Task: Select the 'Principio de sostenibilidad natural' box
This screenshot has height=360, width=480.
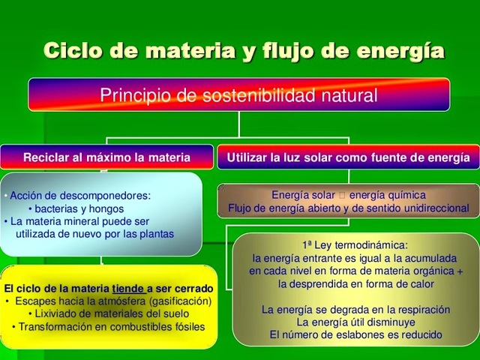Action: [239, 95]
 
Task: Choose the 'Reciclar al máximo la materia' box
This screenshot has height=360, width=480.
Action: [106, 157]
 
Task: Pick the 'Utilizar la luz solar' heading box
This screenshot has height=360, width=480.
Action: [349, 157]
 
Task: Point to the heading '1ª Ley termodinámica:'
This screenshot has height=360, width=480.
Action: [355, 244]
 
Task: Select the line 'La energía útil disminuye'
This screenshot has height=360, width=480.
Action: [355, 322]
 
